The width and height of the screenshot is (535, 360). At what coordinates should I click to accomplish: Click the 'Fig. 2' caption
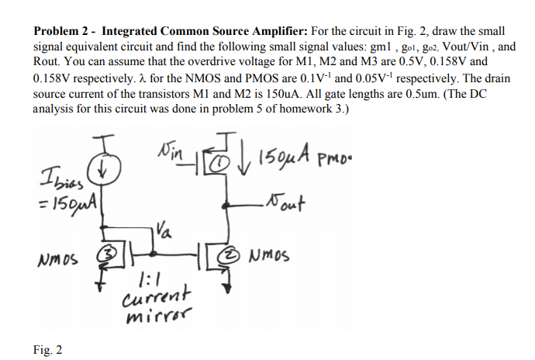[x=47, y=349]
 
